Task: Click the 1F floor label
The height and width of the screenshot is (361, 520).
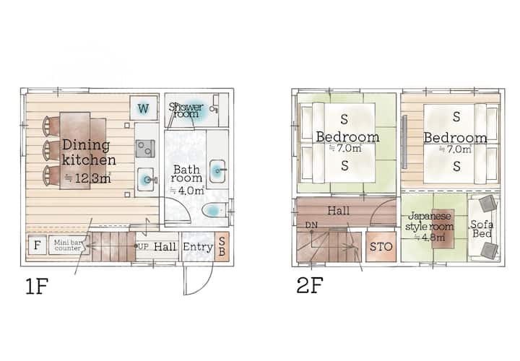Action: [37, 287]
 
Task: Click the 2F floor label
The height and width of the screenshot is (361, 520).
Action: [310, 285]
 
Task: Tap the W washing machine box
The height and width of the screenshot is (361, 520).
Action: [143, 108]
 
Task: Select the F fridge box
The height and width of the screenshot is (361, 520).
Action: [37, 245]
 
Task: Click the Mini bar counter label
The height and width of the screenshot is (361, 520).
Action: [67, 245]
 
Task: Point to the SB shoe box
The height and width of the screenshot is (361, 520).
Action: [222, 246]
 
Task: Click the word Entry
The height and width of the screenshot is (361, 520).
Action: [198, 247]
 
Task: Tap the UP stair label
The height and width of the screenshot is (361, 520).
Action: [143, 247]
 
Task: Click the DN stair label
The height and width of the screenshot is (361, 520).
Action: [311, 225]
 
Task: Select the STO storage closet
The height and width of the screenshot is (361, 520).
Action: [381, 247]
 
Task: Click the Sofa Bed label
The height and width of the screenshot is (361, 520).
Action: [482, 229]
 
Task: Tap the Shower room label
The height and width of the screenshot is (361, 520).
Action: [186, 110]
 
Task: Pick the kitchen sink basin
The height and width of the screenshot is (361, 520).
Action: [146, 179]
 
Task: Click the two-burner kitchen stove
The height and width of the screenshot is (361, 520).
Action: [145, 149]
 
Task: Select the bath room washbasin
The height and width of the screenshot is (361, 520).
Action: [217, 171]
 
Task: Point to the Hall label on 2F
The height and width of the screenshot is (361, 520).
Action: [338, 211]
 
